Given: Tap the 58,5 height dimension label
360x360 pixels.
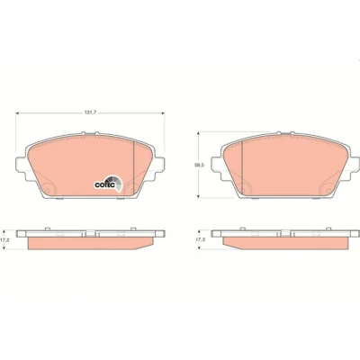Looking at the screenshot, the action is point(196,165).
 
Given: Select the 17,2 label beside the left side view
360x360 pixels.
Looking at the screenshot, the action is point(4,240).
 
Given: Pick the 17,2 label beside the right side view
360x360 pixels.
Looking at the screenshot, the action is point(199,240).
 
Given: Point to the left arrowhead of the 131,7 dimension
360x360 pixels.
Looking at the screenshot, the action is point(17,113).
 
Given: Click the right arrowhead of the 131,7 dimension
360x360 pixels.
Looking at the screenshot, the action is point(163,113).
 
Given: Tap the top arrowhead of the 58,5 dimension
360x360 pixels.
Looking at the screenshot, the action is point(198,134).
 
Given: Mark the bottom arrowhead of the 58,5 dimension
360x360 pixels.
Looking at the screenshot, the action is point(198,195).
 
